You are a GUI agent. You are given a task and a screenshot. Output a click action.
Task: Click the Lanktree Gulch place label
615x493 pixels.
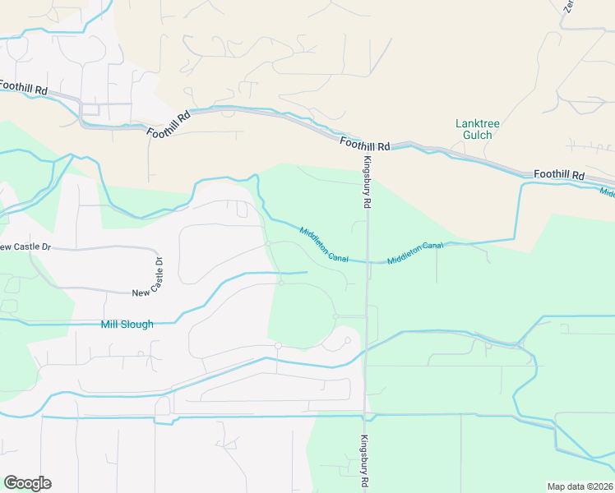(x=477, y=129)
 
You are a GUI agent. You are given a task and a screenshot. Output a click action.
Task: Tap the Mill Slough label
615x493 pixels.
(x=127, y=325)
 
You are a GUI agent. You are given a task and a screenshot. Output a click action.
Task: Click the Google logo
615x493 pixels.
(x=27, y=483)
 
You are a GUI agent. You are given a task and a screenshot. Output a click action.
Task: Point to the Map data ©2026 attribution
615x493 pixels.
(x=580, y=486)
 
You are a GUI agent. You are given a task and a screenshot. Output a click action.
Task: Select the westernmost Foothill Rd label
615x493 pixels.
(x=21, y=86)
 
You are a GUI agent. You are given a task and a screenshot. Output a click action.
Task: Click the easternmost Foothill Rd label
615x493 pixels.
(x=558, y=175)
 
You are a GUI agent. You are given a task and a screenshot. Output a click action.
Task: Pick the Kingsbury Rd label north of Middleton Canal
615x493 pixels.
(x=368, y=181)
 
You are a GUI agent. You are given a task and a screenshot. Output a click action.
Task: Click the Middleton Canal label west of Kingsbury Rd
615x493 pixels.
(x=324, y=244)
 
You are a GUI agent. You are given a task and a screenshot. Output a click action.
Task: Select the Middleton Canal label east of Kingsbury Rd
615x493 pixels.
(x=414, y=252)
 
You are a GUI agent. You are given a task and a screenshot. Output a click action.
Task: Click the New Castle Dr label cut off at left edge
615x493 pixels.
(x=16, y=246)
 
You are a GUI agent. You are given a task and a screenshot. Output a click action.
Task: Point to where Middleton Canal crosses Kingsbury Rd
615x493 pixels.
(x=367, y=262)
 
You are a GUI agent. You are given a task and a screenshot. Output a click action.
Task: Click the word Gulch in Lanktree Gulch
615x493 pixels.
(x=477, y=135)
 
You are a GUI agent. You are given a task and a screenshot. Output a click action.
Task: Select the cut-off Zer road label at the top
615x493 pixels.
(x=567, y=7)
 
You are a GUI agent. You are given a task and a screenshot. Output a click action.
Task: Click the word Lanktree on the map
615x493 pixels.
(x=477, y=123)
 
